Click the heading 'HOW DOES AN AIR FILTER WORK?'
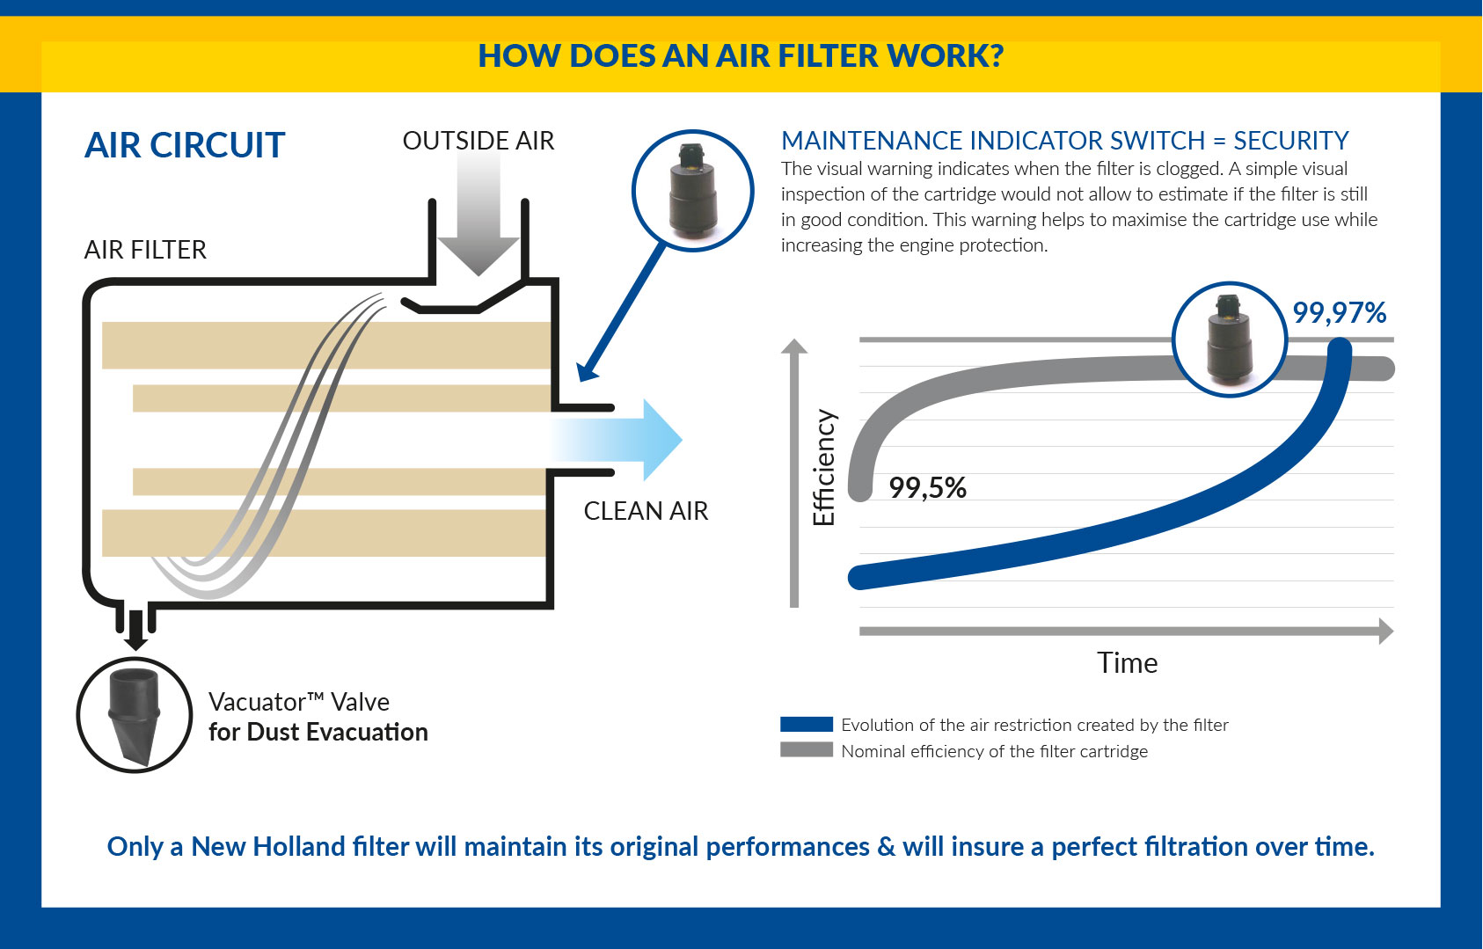(x=741, y=55)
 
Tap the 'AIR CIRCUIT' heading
(x=185, y=145)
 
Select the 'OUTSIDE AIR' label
(x=478, y=141)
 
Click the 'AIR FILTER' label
(x=145, y=250)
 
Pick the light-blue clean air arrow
(x=616, y=440)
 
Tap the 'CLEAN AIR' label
(x=646, y=511)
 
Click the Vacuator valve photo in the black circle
(x=135, y=715)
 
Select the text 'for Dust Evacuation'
(x=318, y=733)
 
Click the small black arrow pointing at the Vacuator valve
(x=135, y=631)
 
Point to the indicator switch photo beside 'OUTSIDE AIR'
(x=692, y=191)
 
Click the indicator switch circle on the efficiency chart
(x=1230, y=339)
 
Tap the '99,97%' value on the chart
(x=1340, y=312)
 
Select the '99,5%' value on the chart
(x=927, y=488)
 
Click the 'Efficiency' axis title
(x=825, y=468)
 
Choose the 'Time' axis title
(x=1128, y=663)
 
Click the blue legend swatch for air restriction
(x=807, y=724)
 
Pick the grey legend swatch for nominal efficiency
(x=807, y=750)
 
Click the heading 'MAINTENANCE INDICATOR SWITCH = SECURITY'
(x=1065, y=141)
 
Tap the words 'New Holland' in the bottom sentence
(x=268, y=846)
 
